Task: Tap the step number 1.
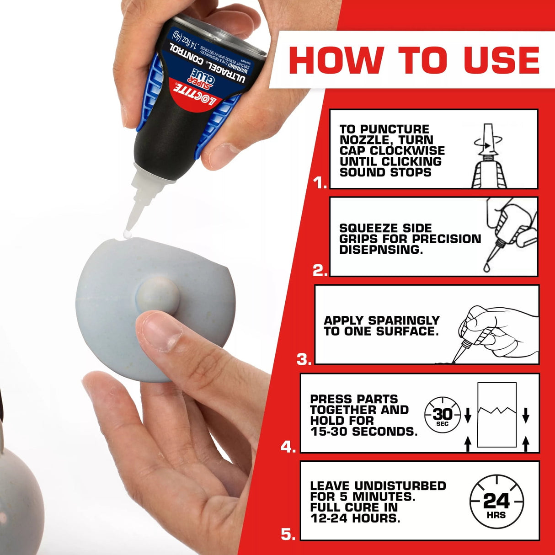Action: (x=320, y=183)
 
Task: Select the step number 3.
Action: (x=304, y=359)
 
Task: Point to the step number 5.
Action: (x=288, y=534)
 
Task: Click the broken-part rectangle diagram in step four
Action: (x=497, y=415)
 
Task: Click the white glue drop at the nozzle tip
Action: (x=127, y=235)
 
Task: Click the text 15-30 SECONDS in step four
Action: (x=363, y=431)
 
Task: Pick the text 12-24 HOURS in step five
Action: (x=355, y=518)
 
